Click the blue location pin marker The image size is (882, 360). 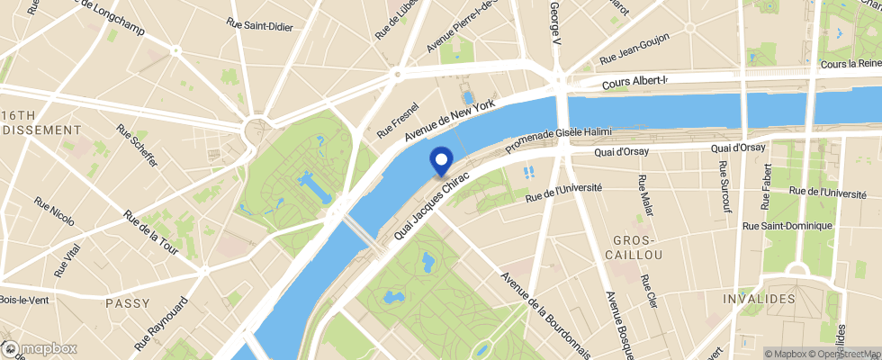pyautogui.click(x=442, y=161)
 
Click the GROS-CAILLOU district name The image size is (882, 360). pyautogui.click(x=637, y=247)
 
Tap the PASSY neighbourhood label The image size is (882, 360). pyautogui.click(x=127, y=303)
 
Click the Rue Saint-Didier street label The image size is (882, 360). pyautogui.click(x=260, y=27)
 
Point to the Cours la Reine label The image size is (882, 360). pyautogui.click(x=850, y=64)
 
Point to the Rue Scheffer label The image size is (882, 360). pyautogui.click(x=137, y=145)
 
